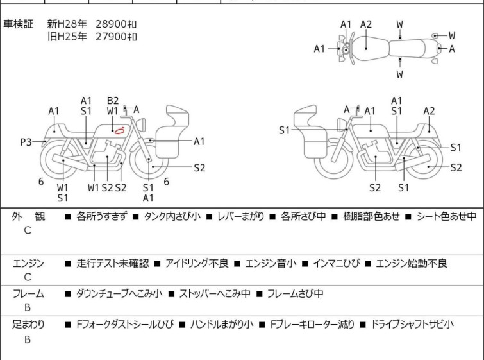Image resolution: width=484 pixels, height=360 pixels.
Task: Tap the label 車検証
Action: (19, 24)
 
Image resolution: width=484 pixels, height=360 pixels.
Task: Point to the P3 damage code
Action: (26, 142)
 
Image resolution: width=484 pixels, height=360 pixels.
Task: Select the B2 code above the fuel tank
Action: (113, 100)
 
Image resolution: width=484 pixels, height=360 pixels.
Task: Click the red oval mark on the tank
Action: (119, 130)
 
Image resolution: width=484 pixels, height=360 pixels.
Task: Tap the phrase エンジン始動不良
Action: (411, 263)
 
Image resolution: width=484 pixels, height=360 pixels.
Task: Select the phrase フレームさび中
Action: (294, 294)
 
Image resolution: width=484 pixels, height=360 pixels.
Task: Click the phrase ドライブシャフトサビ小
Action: (413, 325)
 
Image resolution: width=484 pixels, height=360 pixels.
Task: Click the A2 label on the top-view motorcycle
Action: (365, 24)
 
